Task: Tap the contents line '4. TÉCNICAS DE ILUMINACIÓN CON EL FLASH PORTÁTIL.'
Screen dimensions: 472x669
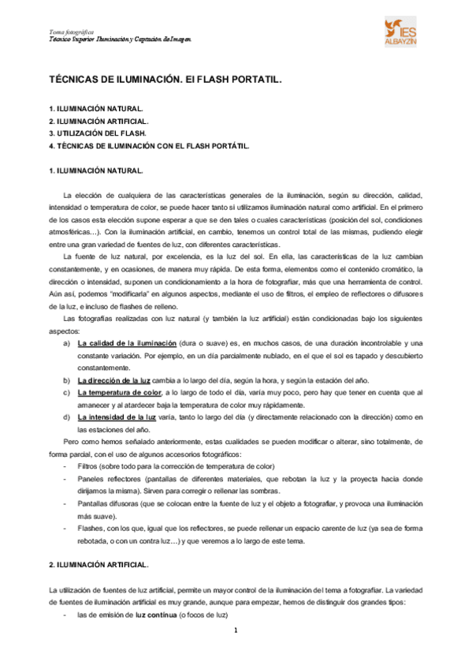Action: pos(149,146)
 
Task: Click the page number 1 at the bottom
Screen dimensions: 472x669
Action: pos(235,631)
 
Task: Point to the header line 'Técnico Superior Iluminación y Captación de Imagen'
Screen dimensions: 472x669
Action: pos(120,39)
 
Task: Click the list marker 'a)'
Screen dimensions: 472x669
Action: pos(65,343)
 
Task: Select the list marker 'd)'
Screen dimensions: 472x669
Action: pos(65,417)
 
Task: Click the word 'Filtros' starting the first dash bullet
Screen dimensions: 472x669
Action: pos(90,466)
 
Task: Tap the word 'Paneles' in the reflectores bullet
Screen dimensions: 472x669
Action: pos(91,479)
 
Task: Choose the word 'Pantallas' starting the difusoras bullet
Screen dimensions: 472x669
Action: pos(94,503)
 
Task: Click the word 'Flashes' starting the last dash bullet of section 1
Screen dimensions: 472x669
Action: pos(92,528)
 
